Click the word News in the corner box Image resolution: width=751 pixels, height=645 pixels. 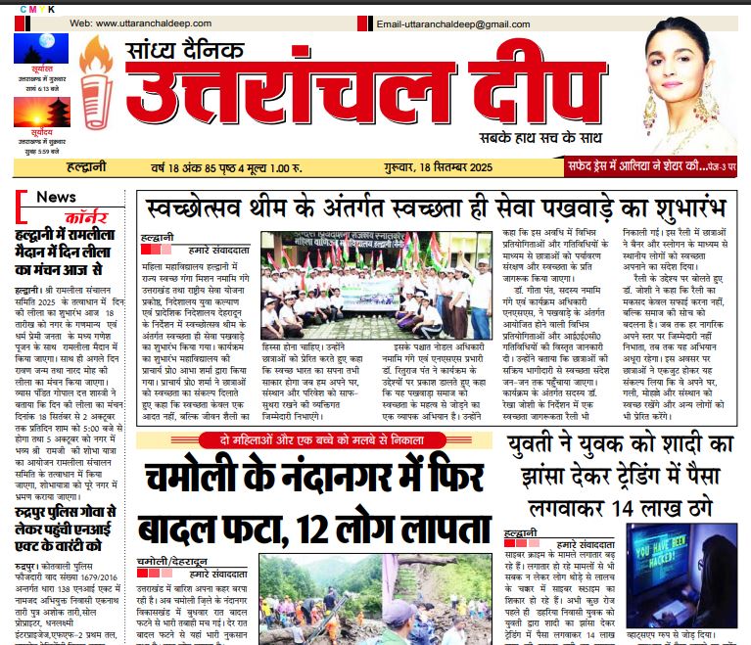pyautogui.click(x=56, y=197)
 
